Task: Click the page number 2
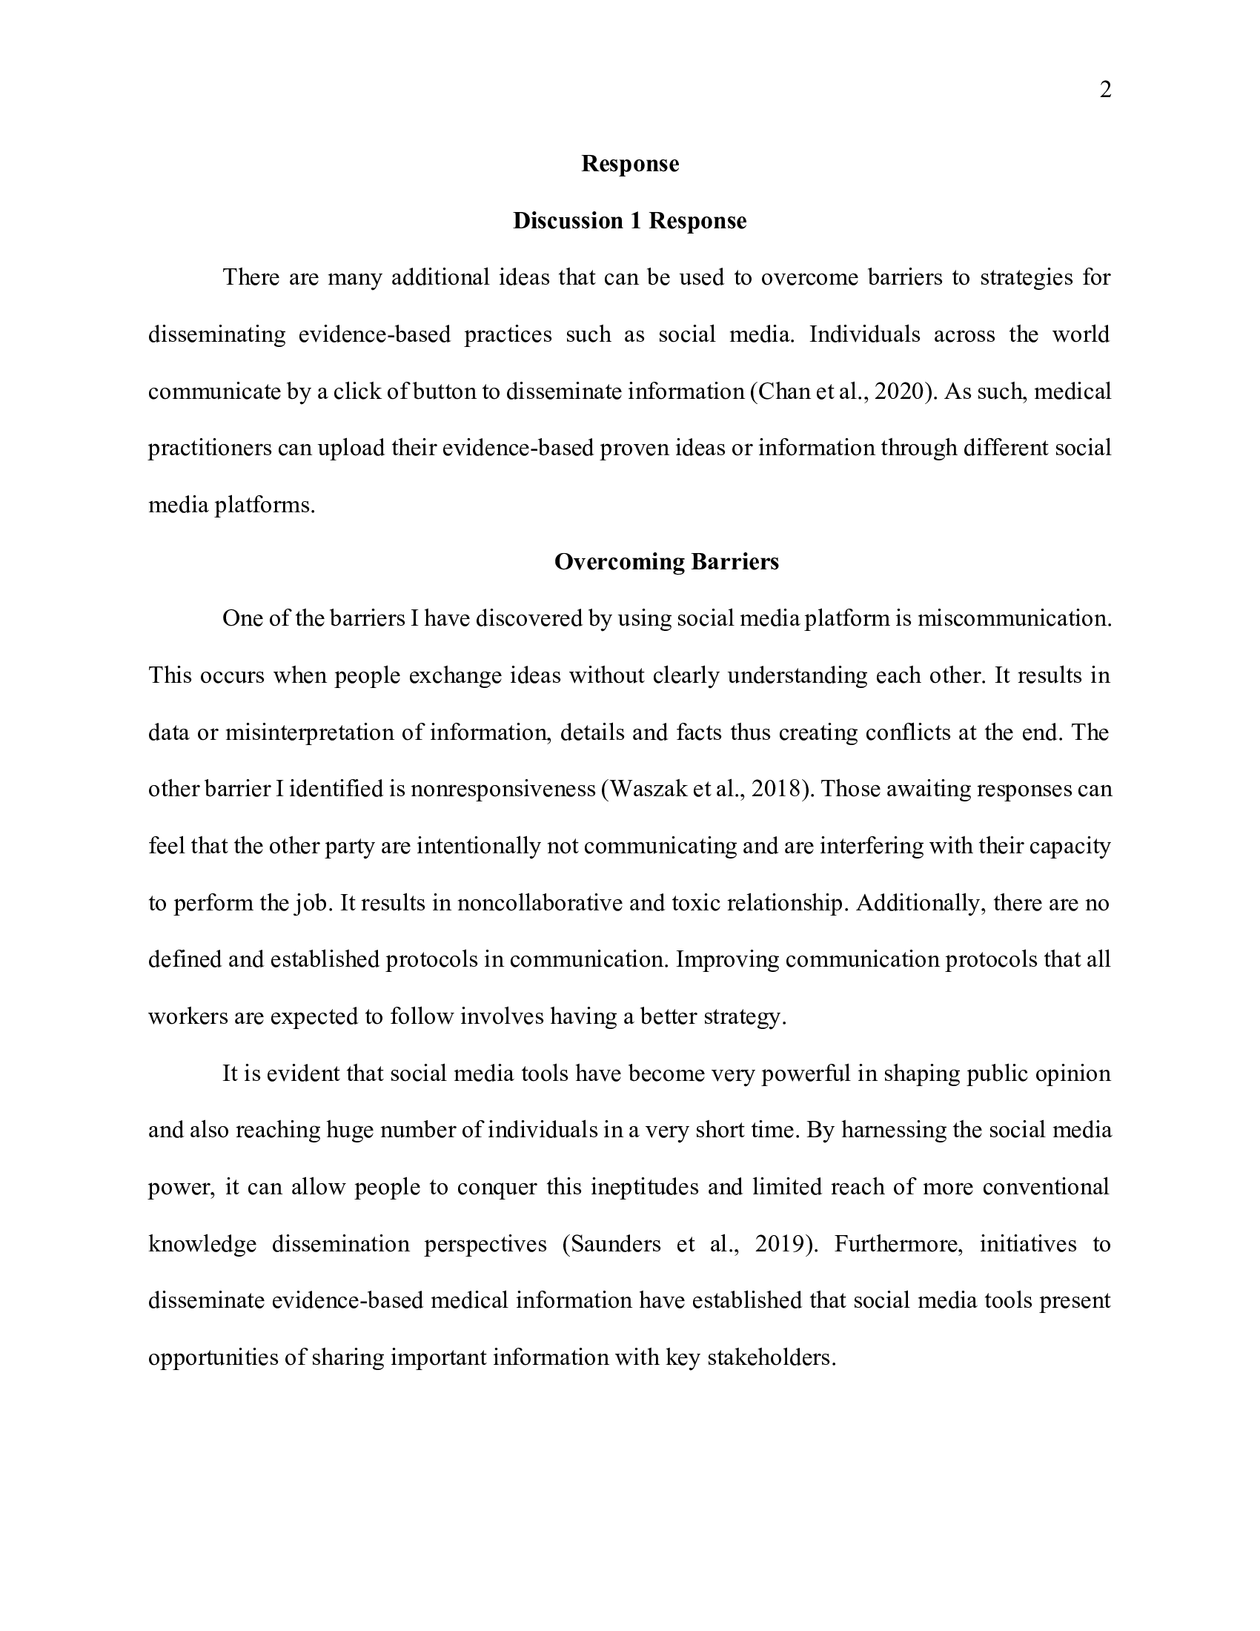pyautogui.click(x=1106, y=90)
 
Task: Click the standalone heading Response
pyautogui.click(x=630, y=164)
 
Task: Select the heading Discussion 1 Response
pyautogui.click(x=629, y=221)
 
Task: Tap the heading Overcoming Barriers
pyautogui.click(x=666, y=562)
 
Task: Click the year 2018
pyautogui.click(x=777, y=790)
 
